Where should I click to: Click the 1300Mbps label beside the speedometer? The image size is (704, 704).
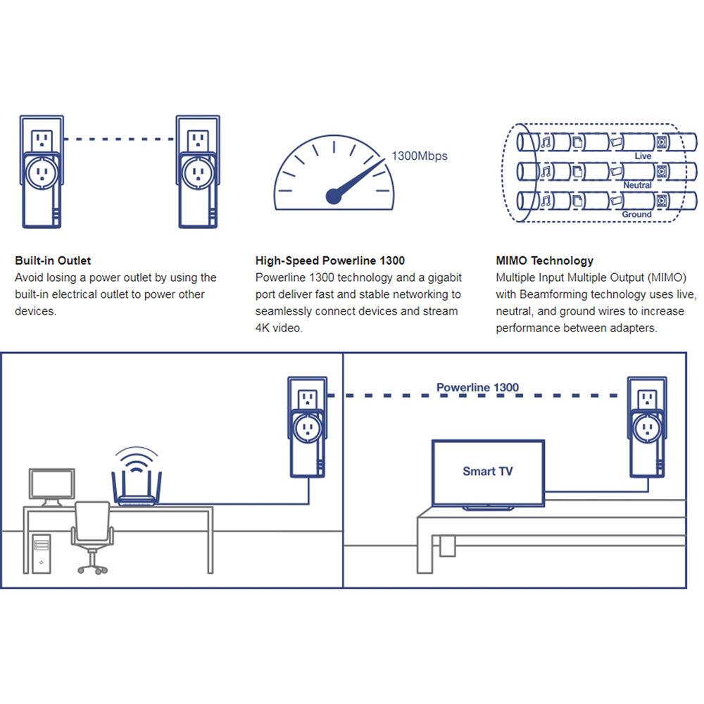tap(420, 156)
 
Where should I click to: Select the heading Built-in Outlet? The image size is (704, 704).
tap(53, 260)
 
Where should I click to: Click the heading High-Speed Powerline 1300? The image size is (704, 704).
tap(330, 260)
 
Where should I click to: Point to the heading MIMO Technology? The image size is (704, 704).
tap(544, 260)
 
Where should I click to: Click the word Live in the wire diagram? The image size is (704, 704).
tap(643, 156)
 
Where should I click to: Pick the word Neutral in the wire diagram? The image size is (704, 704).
tap(637, 185)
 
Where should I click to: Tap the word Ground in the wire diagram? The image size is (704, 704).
tap(636, 214)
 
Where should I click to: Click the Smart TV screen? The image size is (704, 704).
tap(488, 471)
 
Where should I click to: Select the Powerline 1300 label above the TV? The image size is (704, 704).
tap(477, 388)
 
